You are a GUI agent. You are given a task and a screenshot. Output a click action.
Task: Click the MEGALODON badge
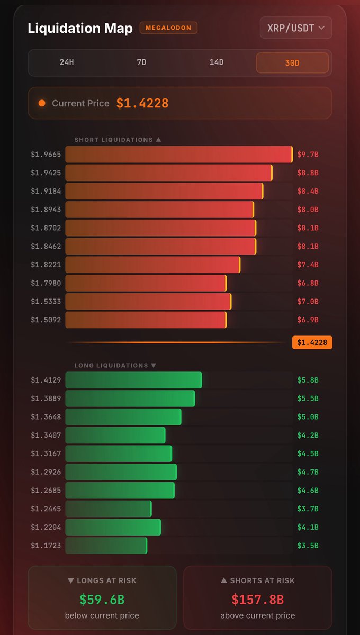click(168, 28)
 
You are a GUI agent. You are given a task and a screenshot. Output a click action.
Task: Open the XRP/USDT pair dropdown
click(296, 28)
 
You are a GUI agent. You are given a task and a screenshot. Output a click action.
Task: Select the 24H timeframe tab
click(67, 62)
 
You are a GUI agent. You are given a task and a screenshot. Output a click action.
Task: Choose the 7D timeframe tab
click(141, 62)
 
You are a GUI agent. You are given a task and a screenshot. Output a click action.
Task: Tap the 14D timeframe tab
click(217, 62)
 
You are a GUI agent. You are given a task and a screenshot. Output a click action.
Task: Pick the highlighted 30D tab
click(292, 62)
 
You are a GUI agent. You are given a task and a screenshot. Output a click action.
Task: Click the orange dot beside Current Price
click(42, 103)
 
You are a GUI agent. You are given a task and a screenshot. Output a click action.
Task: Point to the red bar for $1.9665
click(179, 154)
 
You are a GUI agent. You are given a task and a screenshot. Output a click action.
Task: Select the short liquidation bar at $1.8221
click(153, 265)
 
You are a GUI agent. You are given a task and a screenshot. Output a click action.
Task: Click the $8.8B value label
click(308, 173)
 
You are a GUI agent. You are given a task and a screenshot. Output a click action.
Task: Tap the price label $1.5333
click(46, 301)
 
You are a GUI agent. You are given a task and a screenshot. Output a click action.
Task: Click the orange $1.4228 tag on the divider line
click(312, 342)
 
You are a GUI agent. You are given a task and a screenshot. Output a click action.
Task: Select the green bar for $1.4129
click(133, 380)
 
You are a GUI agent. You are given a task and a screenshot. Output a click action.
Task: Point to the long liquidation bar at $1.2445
click(109, 509)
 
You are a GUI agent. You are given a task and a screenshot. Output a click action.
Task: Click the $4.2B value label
click(308, 435)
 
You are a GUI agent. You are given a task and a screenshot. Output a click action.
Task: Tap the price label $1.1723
click(46, 546)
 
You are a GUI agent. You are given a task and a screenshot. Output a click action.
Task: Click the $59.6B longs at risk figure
click(102, 600)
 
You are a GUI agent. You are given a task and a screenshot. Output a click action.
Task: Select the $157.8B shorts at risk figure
click(258, 600)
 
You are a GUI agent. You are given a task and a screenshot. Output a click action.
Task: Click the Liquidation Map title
click(80, 28)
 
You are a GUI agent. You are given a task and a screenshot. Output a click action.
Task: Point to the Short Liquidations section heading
click(118, 140)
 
